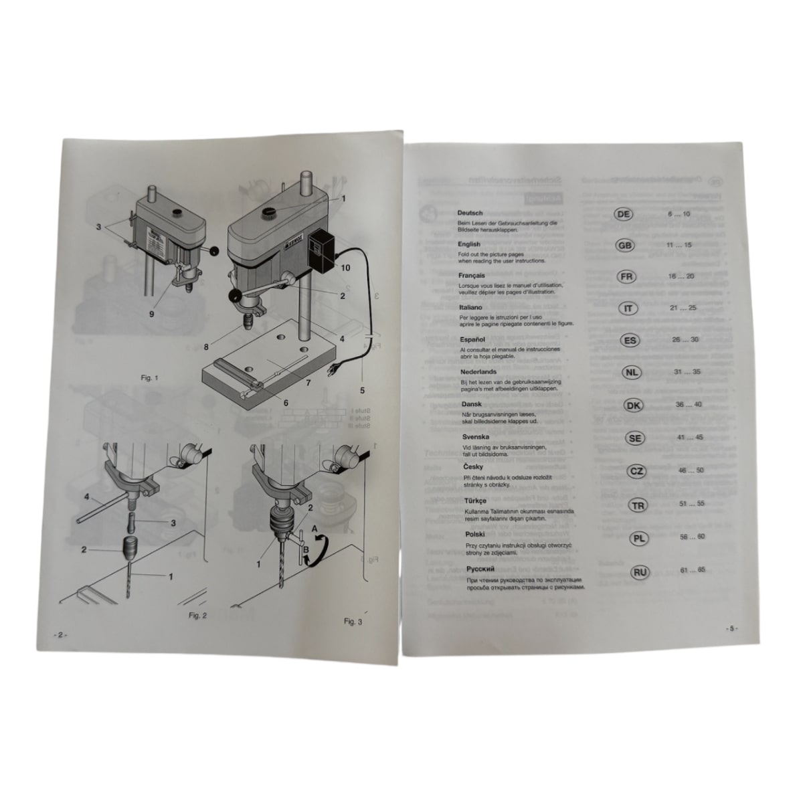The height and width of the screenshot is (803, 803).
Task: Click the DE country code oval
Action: pyautogui.click(x=623, y=213)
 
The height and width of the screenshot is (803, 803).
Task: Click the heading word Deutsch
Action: pyautogui.click(x=470, y=213)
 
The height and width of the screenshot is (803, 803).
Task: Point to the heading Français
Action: pyautogui.click(x=472, y=275)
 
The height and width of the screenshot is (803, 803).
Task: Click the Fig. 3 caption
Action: pyautogui.click(x=353, y=622)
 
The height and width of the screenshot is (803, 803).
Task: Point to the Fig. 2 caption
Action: pyautogui.click(x=198, y=615)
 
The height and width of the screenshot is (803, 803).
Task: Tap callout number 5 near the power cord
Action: pyautogui.click(x=362, y=389)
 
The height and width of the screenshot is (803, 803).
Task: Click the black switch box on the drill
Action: pyautogui.click(x=320, y=252)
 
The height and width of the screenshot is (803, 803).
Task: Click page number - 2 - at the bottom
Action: pyautogui.click(x=59, y=635)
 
